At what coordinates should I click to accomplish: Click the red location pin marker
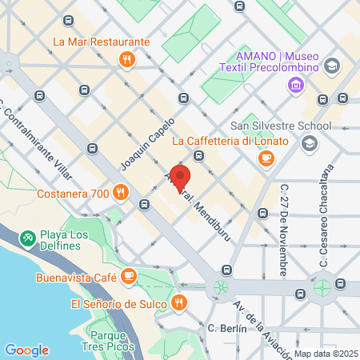click(x=180, y=178)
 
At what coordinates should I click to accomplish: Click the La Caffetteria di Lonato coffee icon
click(x=266, y=159)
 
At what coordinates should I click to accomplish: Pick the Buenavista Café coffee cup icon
click(x=128, y=276)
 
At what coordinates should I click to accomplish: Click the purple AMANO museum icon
click(x=297, y=84)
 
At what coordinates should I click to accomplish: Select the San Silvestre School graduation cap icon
click(x=309, y=143)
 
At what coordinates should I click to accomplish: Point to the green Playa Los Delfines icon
click(x=28, y=238)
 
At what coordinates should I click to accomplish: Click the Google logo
click(x=26, y=350)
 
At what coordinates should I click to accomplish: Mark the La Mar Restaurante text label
click(x=101, y=42)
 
